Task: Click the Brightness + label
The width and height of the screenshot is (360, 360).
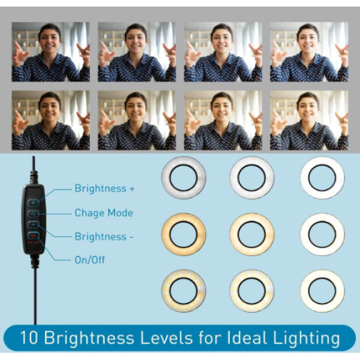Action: point(104,188)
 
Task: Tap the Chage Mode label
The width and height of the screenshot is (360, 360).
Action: point(104,213)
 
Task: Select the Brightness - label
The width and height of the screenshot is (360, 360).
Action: point(104,236)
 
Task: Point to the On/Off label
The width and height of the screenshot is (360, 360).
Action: point(90,260)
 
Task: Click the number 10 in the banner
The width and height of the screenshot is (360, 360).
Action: point(29,338)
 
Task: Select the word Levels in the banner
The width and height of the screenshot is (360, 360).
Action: point(166,338)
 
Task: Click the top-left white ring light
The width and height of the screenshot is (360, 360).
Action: point(184,178)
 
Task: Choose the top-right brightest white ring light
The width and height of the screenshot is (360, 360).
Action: point(322,178)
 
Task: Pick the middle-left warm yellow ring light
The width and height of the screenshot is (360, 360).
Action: point(184,235)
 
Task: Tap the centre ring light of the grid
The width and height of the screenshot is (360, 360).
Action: point(252,235)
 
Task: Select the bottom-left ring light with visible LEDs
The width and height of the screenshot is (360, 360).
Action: point(184,291)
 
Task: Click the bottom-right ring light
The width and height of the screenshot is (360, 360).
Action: point(322,291)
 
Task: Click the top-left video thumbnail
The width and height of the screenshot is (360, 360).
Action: point(51,52)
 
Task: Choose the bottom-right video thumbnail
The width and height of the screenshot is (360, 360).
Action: point(309,121)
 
